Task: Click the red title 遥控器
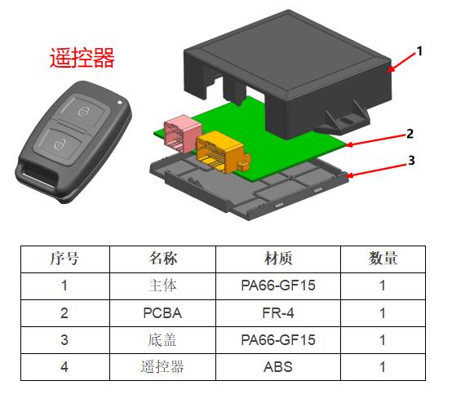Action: tap(82, 58)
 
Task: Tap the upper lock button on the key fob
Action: tap(83, 111)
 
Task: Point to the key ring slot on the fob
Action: tap(38, 176)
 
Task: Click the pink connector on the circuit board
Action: tap(182, 133)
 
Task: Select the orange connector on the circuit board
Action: tap(223, 151)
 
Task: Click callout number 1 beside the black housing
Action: tap(419, 51)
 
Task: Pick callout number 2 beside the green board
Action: tap(410, 134)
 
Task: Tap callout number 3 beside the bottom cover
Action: tap(411, 161)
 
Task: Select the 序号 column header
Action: tap(64, 259)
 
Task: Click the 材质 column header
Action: tap(278, 259)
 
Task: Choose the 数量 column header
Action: tap(383, 259)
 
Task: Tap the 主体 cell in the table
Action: tap(162, 286)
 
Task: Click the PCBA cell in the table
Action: tap(162, 313)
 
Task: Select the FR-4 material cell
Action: tap(278, 313)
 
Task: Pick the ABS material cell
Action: tap(278, 367)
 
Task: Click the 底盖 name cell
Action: tap(162, 340)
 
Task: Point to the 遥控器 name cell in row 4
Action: tap(162, 367)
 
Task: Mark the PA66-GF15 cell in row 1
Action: tap(278, 286)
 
